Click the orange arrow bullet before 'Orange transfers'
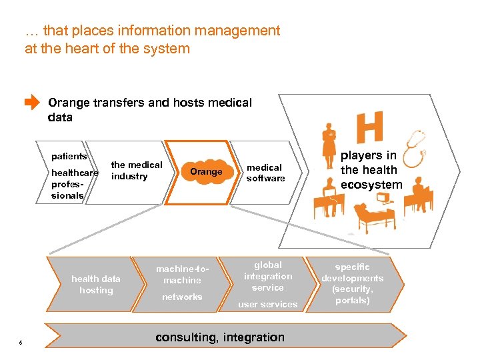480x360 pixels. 31,103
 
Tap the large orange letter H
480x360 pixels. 370,127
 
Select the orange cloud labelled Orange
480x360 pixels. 206,171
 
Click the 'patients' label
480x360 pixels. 69,157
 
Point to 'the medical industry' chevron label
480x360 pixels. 137,170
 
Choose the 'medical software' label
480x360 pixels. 265,173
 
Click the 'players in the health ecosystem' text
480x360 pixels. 371,170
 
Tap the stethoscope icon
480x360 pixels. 414,147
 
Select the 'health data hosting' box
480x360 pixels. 96,285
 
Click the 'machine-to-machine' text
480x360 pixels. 182,275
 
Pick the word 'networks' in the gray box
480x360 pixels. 182,297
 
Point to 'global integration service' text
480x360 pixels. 268,276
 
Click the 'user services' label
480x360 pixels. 268,305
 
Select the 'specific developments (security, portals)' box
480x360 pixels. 353,284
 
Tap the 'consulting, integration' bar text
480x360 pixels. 220,337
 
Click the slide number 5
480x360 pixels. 21,343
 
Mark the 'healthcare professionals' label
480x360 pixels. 74,184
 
